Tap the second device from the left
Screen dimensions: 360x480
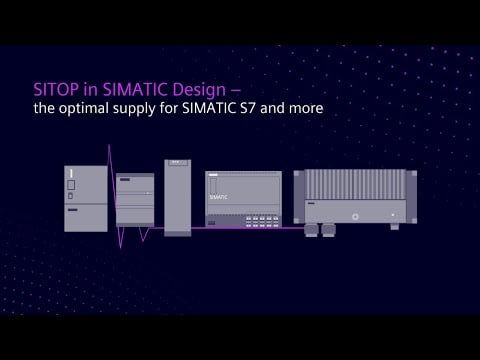coord(135,200)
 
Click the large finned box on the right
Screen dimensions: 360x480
coord(357,196)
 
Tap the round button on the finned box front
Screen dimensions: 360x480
coord(356,213)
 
